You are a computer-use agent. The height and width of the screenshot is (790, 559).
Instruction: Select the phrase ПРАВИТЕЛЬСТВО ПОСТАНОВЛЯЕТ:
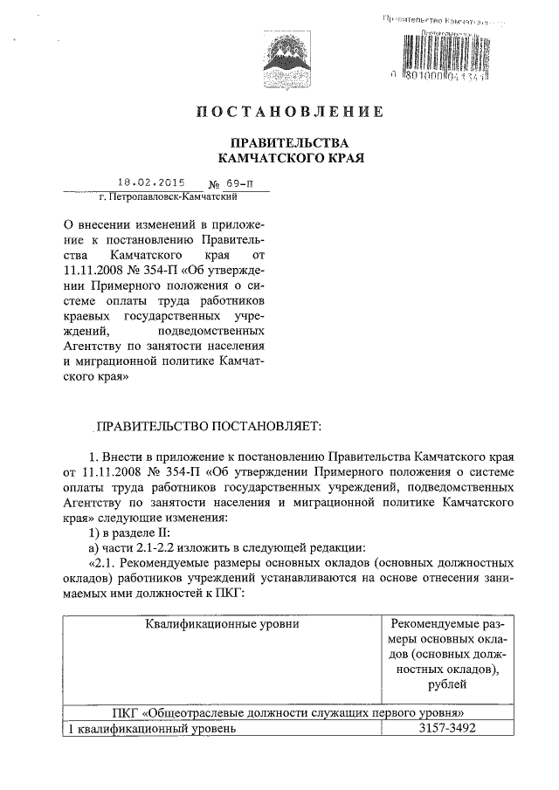tap(209, 427)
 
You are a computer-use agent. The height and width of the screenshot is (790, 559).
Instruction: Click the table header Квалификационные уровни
tap(220, 625)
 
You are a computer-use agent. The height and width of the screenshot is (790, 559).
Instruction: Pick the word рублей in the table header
tap(447, 686)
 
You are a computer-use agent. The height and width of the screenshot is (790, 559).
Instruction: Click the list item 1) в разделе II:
tap(135, 532)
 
